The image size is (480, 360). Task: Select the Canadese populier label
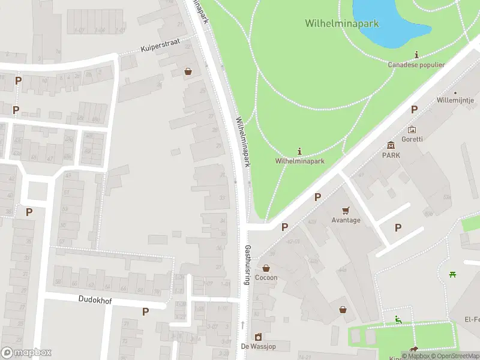click(416, 65)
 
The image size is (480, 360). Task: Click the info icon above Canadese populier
click(416, 55)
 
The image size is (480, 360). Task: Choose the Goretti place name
click(412, 139)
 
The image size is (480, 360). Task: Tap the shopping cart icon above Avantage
click(346, 210)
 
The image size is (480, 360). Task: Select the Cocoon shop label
click(266, 278)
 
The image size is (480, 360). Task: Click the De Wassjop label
click(257, 346)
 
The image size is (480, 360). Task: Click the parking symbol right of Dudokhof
click(145, 311)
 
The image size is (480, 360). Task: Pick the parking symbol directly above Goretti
click(413, 109)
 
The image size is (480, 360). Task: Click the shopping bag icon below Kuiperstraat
click(188, 71)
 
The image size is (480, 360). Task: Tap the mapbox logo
click(26, 353)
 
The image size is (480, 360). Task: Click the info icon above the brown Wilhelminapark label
click(300, 151)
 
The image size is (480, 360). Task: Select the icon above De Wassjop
click(258, 337)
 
